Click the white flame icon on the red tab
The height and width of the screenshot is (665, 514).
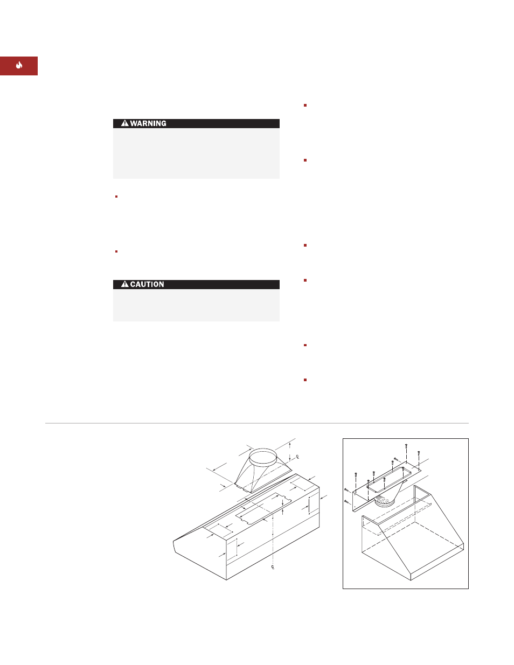coord(19,65)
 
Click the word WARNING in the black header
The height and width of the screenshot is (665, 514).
coord(148,123)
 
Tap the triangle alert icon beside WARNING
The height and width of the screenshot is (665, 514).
coord(124,123)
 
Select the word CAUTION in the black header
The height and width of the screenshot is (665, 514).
coord(147,284)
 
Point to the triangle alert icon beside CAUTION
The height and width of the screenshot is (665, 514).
coord(124,284)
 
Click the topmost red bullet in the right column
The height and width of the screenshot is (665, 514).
coord(305,106)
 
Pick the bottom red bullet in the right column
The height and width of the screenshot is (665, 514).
coord(305,380)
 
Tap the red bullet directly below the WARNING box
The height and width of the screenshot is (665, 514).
coord(116,197)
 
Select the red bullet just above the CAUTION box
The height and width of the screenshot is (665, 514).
coord(116,251)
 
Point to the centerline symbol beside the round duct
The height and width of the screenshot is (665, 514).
coord(297,457)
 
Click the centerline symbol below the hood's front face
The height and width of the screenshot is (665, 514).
coord(273,567)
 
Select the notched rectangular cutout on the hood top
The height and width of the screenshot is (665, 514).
coord(263,509)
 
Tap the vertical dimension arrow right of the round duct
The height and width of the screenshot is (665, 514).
coord(290,452)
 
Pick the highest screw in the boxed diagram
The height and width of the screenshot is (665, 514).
coord(406,445)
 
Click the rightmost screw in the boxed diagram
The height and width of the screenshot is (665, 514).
coord(419,453)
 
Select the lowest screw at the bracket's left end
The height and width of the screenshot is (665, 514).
coord(346,501)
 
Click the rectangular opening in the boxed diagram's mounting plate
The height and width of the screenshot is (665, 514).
coord(389,480)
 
